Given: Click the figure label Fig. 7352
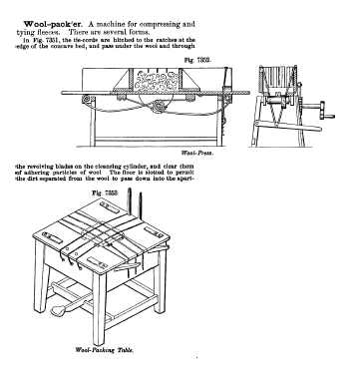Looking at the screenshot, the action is point(197,60).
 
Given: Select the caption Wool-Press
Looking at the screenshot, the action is point(197,153).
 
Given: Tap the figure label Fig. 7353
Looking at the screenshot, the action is point(105,192).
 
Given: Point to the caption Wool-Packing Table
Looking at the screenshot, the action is point(105,350).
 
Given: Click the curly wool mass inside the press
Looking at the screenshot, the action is point(157,82).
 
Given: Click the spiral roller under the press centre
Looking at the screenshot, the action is point(160,107).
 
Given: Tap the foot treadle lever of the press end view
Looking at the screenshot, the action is point(286,126).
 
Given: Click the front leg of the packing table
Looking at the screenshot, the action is point(99,309).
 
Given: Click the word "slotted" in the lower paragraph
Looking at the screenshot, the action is point(151,173).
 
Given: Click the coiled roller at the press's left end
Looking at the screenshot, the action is point(88,99).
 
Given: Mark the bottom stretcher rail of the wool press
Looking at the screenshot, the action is point(157,139).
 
